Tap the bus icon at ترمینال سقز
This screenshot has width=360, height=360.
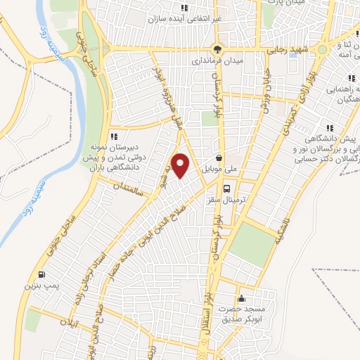tap(227, 188)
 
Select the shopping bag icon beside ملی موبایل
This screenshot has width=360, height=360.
tap(220, 157)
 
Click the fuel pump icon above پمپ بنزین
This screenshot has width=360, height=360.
tap(44, 274)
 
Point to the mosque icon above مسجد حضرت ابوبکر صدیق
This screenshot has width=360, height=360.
tap(242, 299)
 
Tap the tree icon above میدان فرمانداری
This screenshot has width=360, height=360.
tap(218, 50)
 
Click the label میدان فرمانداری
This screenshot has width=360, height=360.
tap(218, 61)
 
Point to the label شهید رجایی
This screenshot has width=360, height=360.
tap(286, 51)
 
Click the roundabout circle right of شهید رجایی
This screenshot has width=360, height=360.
tap(321, 51)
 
